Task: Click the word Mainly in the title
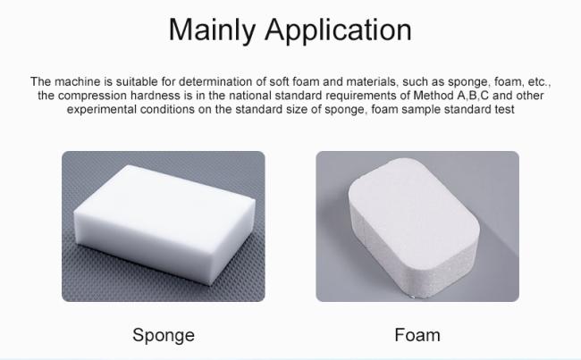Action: [x=214, y=29]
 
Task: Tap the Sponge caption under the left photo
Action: [x=164, y=336]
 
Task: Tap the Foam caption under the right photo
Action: [x=417, y=336]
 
